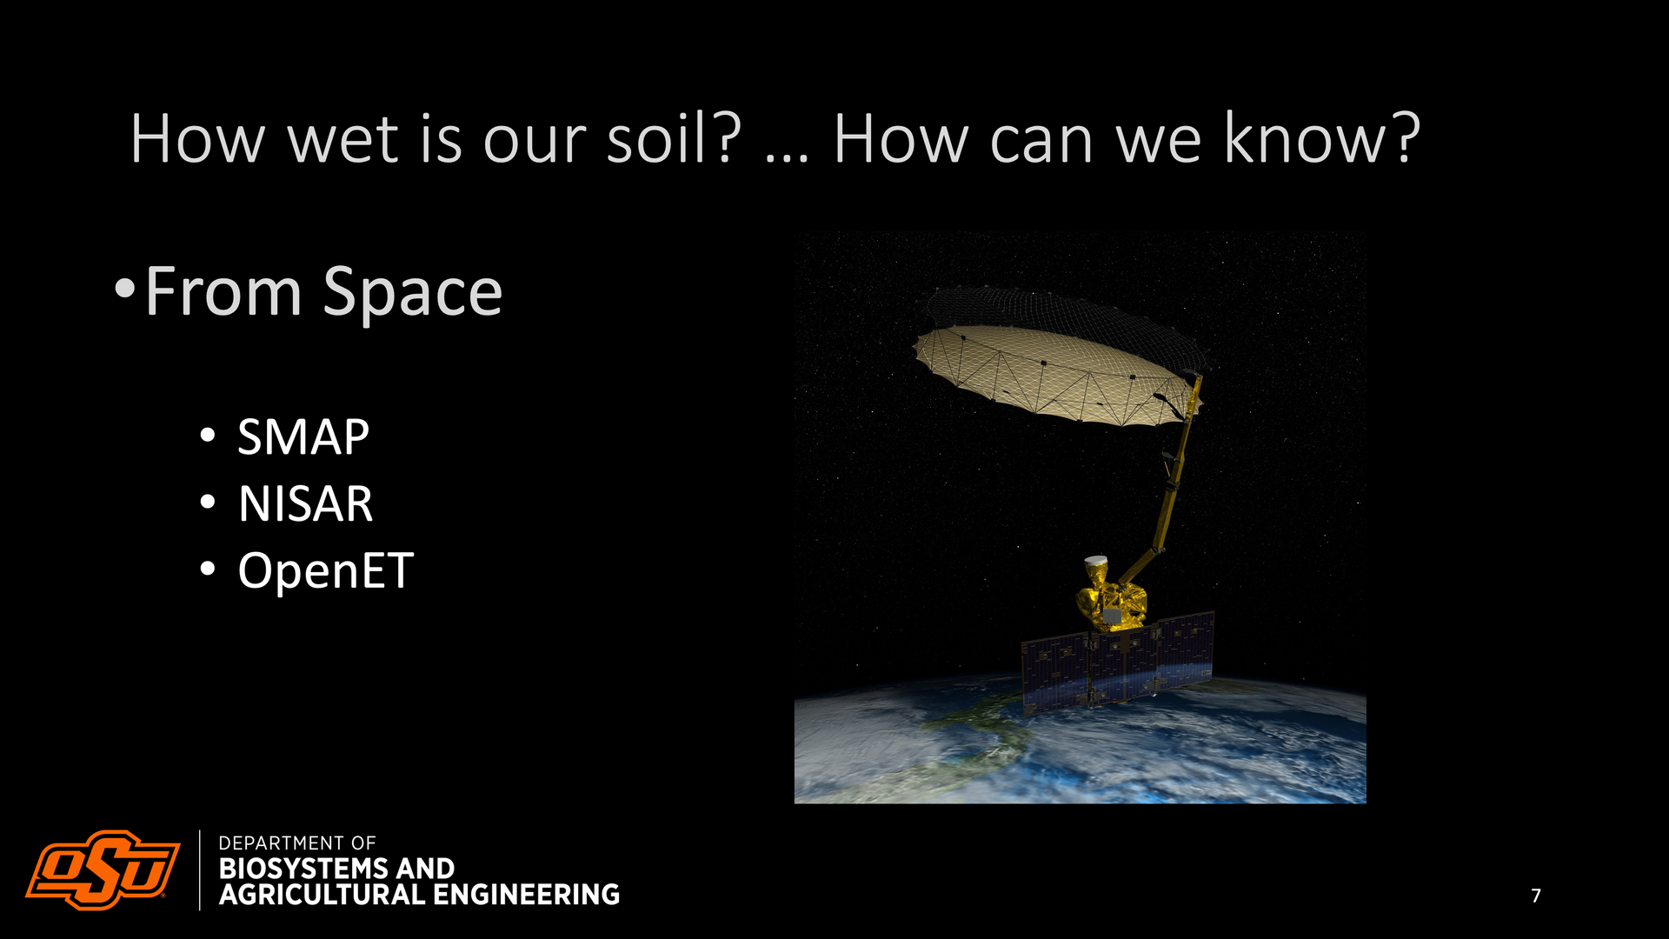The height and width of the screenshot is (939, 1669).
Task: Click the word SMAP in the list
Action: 303,436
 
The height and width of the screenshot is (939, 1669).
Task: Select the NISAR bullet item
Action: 305,503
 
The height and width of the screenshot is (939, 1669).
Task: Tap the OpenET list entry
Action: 326,571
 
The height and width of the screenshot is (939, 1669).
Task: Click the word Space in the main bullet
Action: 413,293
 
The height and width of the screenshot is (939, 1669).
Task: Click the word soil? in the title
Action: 674,138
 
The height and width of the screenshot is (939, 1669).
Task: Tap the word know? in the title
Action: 1322,138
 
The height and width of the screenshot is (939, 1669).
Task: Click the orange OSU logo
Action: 103,869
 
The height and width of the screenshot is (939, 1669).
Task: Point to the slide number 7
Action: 1536,896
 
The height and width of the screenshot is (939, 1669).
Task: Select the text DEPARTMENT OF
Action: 297,843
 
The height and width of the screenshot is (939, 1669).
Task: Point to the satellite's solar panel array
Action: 1118,663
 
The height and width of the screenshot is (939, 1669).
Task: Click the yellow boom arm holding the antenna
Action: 1169,487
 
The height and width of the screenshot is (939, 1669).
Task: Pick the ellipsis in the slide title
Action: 787,158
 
